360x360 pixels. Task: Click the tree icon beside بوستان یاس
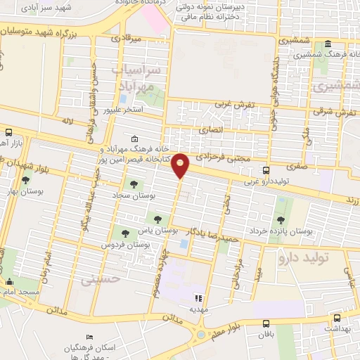pyautogui.click(x=157, y=219)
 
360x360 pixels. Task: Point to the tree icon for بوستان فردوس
pyautogui.click(x=125, y=232)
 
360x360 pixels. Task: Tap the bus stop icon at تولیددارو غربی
pyautogui.click(x=266, y=170)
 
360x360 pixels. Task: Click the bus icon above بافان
pyautogui.click(x=265, y=324)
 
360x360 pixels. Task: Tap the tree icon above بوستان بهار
pyautogui.click(x=25, y=181)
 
